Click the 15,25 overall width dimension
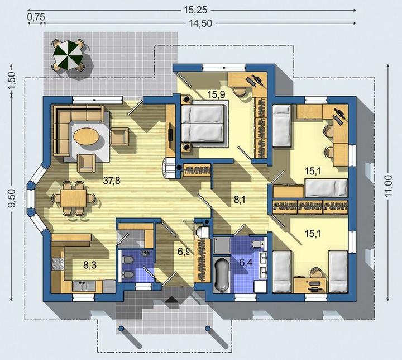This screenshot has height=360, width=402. (x=195, y=10)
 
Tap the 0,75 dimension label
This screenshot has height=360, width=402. (x=36, y=17)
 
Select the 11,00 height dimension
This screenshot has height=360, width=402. (x=389, y=186)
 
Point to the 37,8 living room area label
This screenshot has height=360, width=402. (x=112, y=181)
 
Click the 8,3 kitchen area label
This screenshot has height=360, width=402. (x=90, y=265)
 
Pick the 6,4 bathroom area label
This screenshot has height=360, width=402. (x=246, y=263)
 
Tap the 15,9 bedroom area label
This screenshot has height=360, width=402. (x=217, y=94)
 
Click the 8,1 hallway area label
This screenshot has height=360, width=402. (x=240, y=199)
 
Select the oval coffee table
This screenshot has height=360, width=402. (x=86, y=136)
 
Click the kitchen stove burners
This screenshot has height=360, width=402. (x=58, y=264)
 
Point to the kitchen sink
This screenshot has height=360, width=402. (x=84, y=286)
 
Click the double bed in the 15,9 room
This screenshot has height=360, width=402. (x=202, y=124)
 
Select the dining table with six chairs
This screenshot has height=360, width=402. (x=73, y=198)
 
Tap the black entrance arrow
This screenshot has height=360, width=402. (x=173, y=300)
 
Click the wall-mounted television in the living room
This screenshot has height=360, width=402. (x=171, y=132)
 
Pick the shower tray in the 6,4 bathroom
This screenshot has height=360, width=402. (x=222, y=245)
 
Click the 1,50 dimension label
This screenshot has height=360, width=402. (x=13, y=80)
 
